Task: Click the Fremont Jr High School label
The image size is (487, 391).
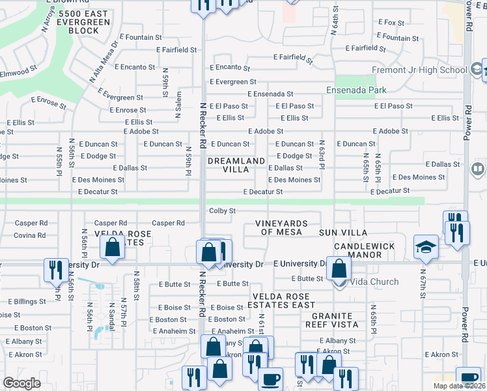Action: point(419,70)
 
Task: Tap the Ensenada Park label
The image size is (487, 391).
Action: point(357,90)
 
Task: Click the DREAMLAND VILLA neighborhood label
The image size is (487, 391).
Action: point(236,165)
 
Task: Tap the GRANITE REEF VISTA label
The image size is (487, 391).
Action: point(331,319)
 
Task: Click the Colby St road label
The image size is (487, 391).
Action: point(222,210)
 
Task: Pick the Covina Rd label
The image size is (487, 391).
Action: point(29,235)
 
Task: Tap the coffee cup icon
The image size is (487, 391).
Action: point(270,379)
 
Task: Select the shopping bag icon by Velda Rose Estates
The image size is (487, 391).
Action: point(113,248)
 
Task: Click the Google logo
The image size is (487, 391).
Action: point(21,383)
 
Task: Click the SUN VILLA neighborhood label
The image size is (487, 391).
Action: point(342,233)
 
